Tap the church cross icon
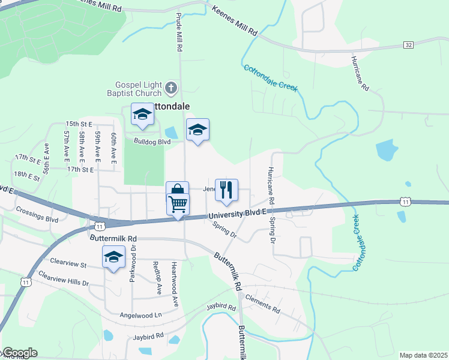click(x=171, y=89)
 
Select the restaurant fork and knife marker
click(x=226, y=190)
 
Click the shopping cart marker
click(x=178, y=205)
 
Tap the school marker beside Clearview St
click(x=113, y=257)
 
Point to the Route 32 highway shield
click(x=408, y=45)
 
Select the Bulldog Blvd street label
click(x=152, y=142)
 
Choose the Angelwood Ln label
click(x=141, y=314)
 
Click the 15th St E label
click(x=79, y=123)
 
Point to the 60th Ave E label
click(x=113, y=147)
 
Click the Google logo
click(x=19, y=353)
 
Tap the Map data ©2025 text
click(x=423, y=355)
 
